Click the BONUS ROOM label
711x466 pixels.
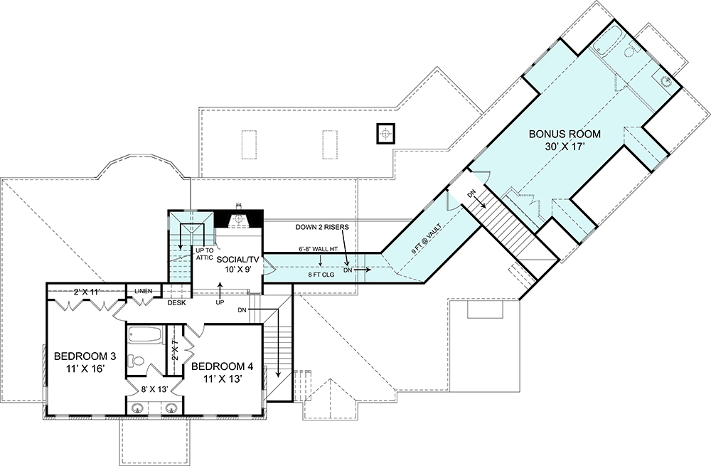pyautogui.click(x=565, y=134)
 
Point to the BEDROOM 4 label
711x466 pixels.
pyautogui.click(x=222, y=366)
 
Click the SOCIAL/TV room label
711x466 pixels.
pyautogui.click(x=237, y=260)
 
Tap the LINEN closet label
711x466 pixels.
pyautogui.click(x=144, y=291)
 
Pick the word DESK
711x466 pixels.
pyautogui.click(x=176, y=302)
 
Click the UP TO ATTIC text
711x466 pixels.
pyautogui.click(x=204, y=254)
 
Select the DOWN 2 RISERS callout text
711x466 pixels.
pyautogui.click(x=322, y=227)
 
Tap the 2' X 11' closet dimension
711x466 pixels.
pyautogui.click(x=86, y=292)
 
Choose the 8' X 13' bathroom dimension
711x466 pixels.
pyautogui.click(x=154, y=389)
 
